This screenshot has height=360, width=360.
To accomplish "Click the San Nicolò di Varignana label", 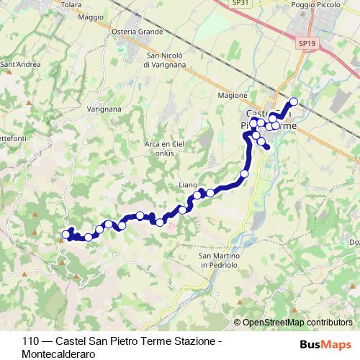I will coord(165,60).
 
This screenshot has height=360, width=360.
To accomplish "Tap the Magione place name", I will coord(233,95).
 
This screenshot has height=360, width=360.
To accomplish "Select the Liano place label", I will coord(187,186).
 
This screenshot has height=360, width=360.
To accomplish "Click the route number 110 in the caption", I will coord(30,341).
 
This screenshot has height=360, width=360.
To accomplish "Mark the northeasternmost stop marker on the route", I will coord(293,102).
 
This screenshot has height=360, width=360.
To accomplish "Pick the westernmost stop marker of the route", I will coord(66,234).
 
